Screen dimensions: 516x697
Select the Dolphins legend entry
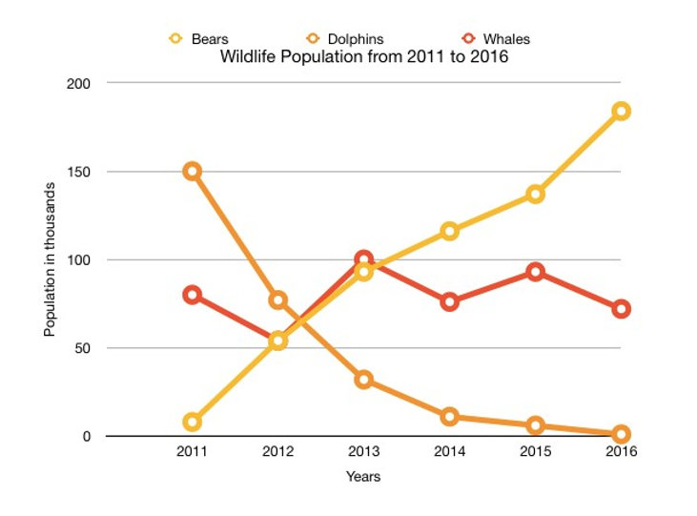pyautogui.click(x=346, y=39)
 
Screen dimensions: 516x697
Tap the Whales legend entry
pyautogui.click(x=496, y=39)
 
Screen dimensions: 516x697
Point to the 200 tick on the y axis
pyautogui.click(x=78, y=84)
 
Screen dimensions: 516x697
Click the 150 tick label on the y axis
pyautogui.click(x=78, y=172)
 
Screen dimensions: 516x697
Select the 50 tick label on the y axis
pyautogui.click(x=82, y=348)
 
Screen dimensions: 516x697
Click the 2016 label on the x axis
pyautogui.click(x=621, y=451)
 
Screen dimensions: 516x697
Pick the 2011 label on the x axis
pyautogui.click(x=193, y=451)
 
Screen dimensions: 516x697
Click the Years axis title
pyautogui.click(x=362, y=475)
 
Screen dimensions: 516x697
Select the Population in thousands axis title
pyautogui.click(x=50, y=259)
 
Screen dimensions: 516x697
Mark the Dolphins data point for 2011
pyautogui.click(x=193, y=172)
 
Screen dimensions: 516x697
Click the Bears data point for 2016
pyautogui.click(x=621, y=111)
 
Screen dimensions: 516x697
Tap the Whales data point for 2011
pyautogui.click(x=193, y=295)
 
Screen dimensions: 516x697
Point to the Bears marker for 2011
pyautogui.click(x=193, y=422)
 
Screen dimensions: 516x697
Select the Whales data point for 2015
pyautogui.click(x=535, y=272)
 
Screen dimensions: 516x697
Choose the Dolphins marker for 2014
pyautogui.click(x=450, y=417)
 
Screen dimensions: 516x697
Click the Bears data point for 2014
pyautogui.click(x=450, y=231)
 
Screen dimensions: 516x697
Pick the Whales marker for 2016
pyautogui.click(x=621, y=309)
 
